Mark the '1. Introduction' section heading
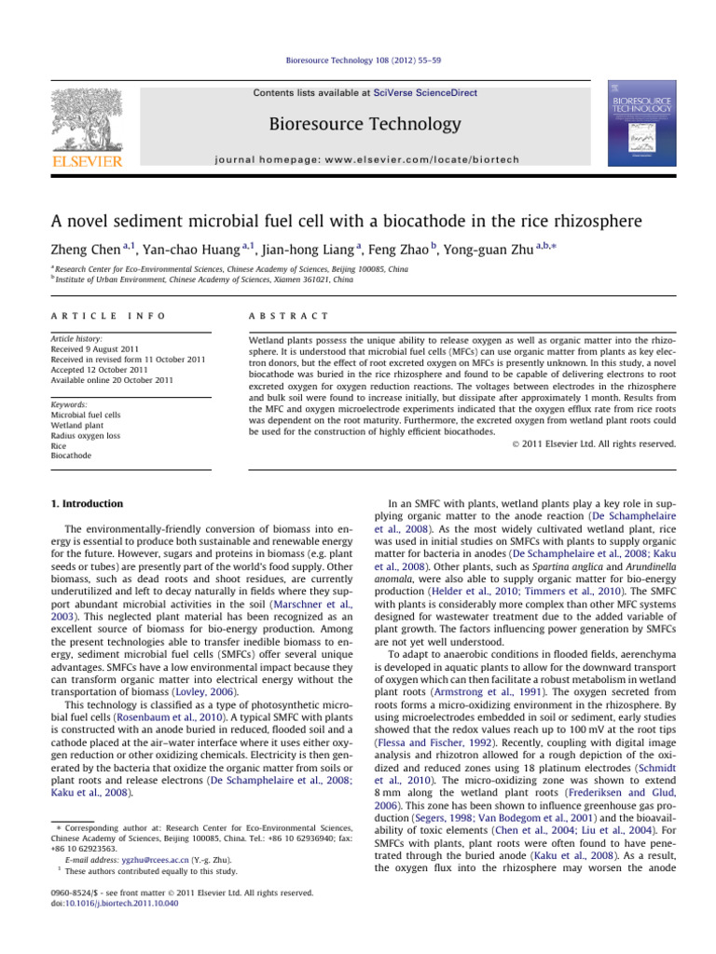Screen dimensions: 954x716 (x=86, y=504)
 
